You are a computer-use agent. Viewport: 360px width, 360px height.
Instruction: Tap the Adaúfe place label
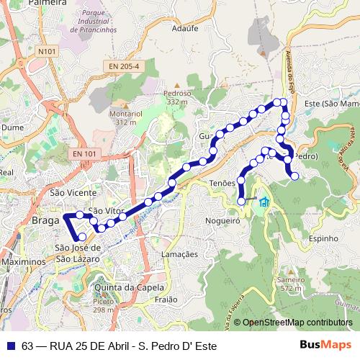pos(165,30)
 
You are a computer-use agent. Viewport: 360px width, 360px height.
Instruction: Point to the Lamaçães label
pos(179,254)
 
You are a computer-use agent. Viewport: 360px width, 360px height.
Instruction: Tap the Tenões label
pos(222,184)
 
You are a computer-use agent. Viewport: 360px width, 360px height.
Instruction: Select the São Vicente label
pos(73,193)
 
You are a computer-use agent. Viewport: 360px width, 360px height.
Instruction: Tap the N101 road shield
pos(48,52)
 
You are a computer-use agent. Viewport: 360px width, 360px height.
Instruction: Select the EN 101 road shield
pos(84,153)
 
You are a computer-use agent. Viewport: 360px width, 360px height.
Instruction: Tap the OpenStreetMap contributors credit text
pos(297,323)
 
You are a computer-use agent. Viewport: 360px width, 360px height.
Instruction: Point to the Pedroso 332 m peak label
pos(177,97)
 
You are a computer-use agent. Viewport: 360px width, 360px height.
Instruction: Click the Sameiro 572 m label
pos(290,283)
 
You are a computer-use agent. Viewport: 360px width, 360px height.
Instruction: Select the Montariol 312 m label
pos(125,118)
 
